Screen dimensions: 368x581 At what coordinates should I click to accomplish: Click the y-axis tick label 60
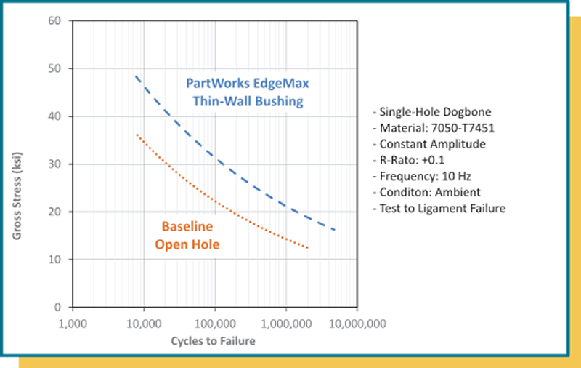point(55,21)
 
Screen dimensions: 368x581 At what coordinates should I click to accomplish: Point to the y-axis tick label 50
point(55,69)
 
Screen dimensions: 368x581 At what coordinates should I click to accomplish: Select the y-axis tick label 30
point(55,164)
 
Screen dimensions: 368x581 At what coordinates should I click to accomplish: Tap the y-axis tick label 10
point(55,260)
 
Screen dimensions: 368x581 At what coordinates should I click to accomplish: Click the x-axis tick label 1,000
point(73,323)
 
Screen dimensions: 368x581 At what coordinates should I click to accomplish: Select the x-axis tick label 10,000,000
point(356,323)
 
